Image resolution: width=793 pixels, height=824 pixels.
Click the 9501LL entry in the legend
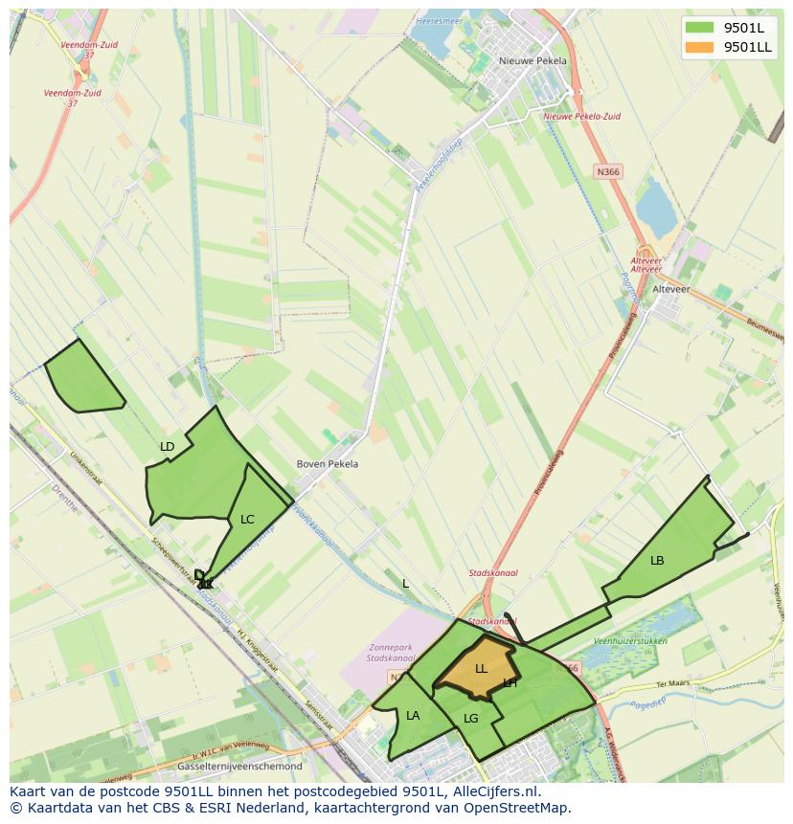tap(748, 47)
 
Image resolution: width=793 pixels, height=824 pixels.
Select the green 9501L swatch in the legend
tap(699, 28)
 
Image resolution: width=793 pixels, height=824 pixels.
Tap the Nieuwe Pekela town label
tap(532, 60)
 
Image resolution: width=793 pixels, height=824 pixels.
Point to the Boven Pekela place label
tap(328, 464)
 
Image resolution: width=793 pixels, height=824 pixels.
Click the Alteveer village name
tap(670, 289)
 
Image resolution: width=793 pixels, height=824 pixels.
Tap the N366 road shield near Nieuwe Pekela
tap(607, 171)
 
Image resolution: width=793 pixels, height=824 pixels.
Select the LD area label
tap(168, 447)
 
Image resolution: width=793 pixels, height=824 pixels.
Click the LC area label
tap(247, 520)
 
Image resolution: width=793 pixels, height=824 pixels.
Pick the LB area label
tap(657, 561)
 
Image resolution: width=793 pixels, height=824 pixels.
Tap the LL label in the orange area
tap(481, 669)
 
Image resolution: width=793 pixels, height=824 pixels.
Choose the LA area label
tap(413, 716)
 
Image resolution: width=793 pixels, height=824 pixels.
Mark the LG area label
tap(471, 719)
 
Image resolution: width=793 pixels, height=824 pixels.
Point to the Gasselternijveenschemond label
tap(239, 767)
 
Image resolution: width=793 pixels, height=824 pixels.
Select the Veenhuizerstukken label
tap(630, 640)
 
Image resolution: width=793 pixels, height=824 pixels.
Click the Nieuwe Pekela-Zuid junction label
tap(581, 116)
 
